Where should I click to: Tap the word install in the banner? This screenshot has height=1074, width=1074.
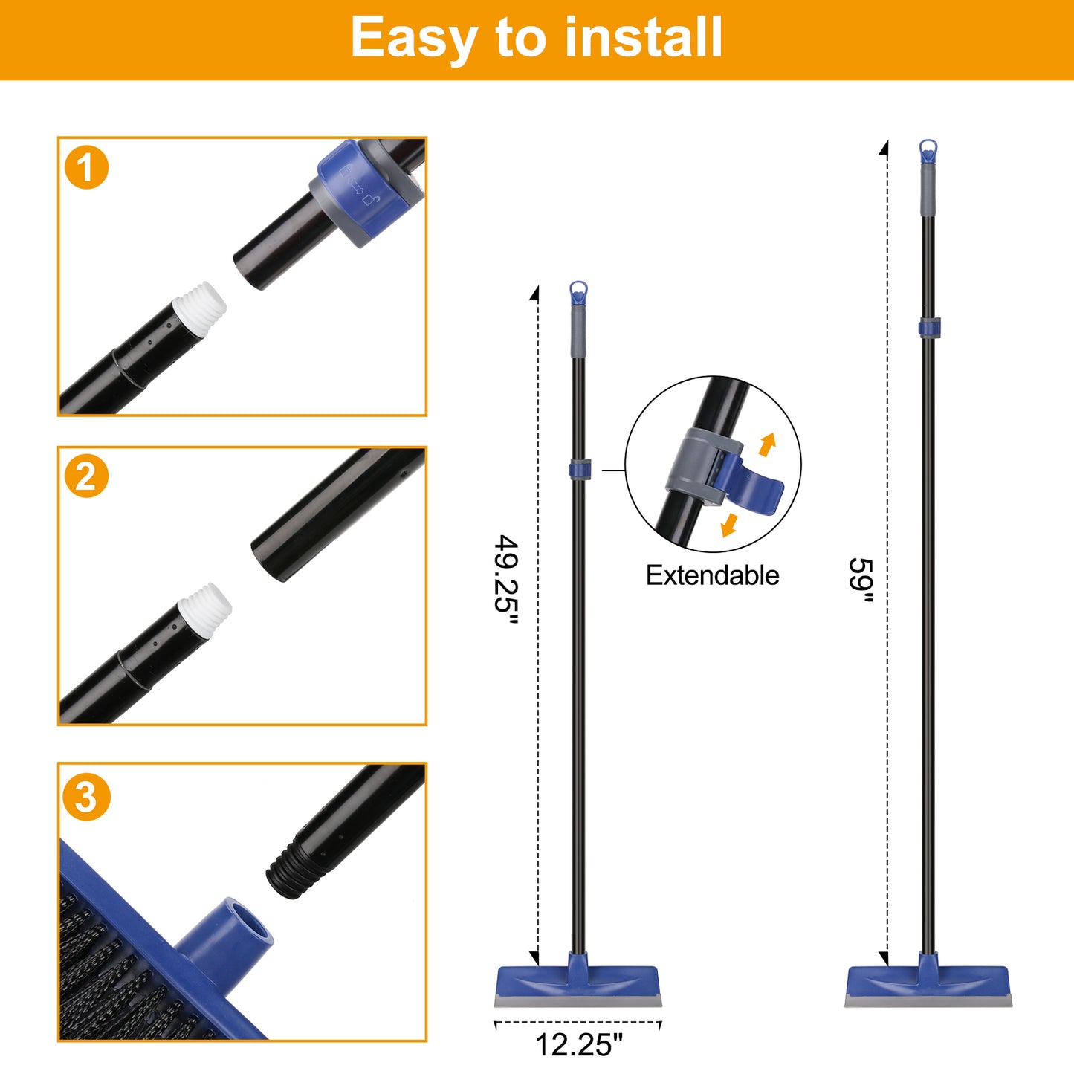pyautogui.click(x=643, y=36)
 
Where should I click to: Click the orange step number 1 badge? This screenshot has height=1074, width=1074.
pyautogui.click(x=86, y=167)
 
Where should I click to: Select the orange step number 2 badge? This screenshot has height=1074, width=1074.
pyautogui.click(x=86, y=476)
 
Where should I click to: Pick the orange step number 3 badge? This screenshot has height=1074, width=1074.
pyautogui.click(x=86, y=797)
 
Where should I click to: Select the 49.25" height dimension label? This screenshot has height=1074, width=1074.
pyautogui.click(x=507, y=579)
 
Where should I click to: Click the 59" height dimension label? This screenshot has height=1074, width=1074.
pyautogui.click(x=861, y=580)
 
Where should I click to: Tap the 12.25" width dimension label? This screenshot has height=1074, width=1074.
pyautogui.click(x=578, y=1044)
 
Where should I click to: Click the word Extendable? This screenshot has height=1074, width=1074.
pyautogui.click(x=712, y=575)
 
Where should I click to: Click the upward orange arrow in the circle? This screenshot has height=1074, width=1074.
pyautogui.click(x=768, y=444)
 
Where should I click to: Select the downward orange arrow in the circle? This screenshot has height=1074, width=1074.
pyautogui.click(x=729, y=525)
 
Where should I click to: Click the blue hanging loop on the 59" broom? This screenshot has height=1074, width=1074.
pyautogui.click(x=928, y=151)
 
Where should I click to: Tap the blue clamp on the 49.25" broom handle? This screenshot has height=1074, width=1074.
pyautogui.click(x=580, y=469)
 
